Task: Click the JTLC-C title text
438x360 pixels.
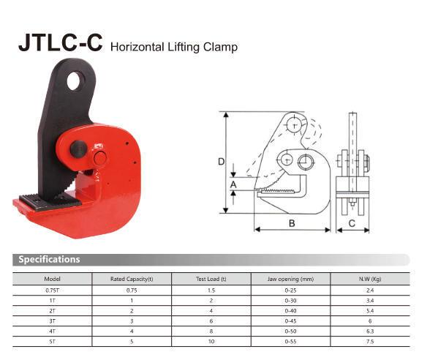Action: pyautogui.click(x=60, y=43)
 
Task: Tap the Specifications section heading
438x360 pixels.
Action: pyautogui.click(x=49, y=259)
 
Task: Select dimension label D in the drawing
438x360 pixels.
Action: pyautogui.click(x=221, y=162)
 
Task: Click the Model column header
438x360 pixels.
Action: pyautogui.click(x=52, y=279)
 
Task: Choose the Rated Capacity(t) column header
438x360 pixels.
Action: pyautogui.click(x=132, y=279)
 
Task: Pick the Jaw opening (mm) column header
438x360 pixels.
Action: pyautogui.click(x=290, y=279)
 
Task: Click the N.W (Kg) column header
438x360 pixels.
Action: pyautogui.click(x=369, y=279)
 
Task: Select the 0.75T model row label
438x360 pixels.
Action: pyautogui.click(x=52, y=290)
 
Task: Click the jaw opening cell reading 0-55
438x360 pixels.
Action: pyautogui.click(x=290, y=341)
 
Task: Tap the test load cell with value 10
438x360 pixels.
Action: pyautogui.click(x=211, y=341)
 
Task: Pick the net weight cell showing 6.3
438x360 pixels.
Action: pyautogui.click(x=369, y=331)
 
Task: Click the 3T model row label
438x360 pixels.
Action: pyautogui.click(x=52, y=320)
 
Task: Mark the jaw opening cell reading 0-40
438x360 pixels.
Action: pyautogui.click(x=290, y=310)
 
